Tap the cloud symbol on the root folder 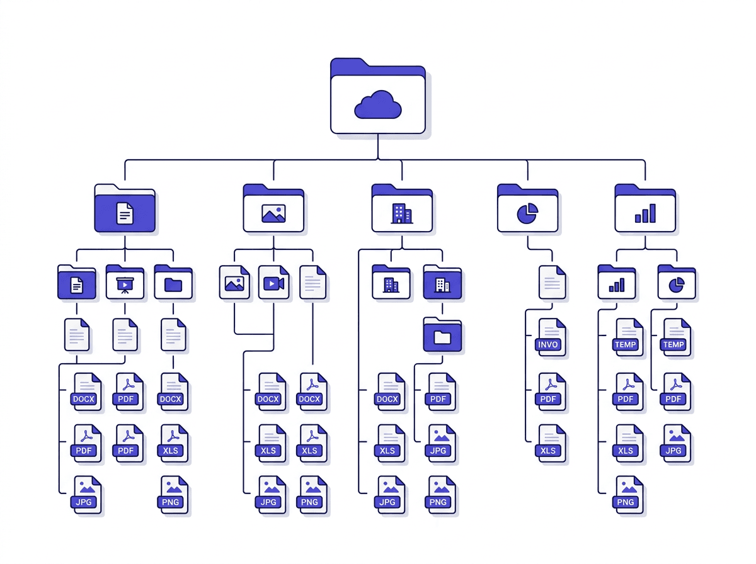tap(378, 105)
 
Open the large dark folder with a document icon tap(125, 210)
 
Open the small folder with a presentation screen tap(125, 283)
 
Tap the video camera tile tap(273, 283)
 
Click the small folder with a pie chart tap(677, 283)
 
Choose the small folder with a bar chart tap(616, 283)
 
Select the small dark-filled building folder tap(442, 283)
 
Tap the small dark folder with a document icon tap(77, 283)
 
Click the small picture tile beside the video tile tap(234, 283)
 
